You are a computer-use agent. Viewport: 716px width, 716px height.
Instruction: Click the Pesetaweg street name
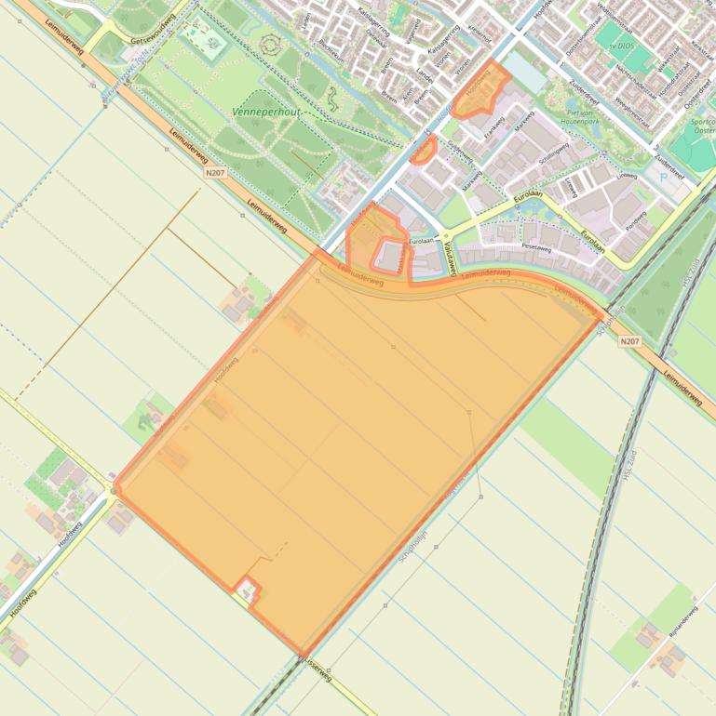point(537,248)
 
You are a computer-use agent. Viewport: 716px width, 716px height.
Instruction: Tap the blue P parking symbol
point(663,176)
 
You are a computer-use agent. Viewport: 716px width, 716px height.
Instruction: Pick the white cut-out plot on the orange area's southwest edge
point(247,590)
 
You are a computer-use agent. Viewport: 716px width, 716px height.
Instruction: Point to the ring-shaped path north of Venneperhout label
point(272,43)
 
